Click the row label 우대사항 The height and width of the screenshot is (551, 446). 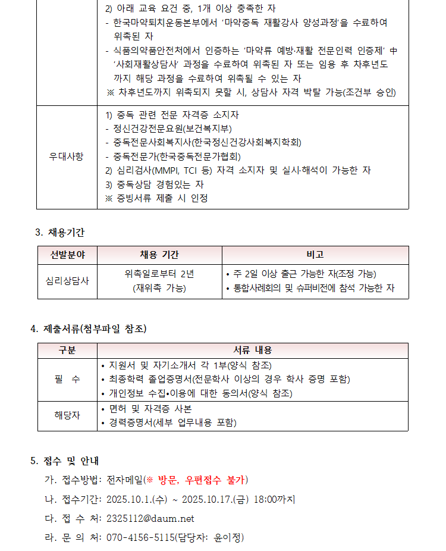(x=67, y=156)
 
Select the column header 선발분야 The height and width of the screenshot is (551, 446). (x=67, y=255)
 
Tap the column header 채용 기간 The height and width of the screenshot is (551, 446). (x=159, y=255)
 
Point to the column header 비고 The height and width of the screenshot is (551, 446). (x=315, y=255)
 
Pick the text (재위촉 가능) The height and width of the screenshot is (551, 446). (x=159, y=289)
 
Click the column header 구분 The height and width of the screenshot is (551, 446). (x=67, y=350)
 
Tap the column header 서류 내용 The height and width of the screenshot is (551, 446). (x=252, y=350)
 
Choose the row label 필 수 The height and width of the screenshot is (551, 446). (x=67, y=379)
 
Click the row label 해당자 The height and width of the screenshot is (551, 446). (x=67, y=415)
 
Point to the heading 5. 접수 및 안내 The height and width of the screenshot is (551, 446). (x=65, y=461)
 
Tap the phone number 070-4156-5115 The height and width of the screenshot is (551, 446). (x=140, y=538)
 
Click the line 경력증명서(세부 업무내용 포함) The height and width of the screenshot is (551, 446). (x=172, y=423)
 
